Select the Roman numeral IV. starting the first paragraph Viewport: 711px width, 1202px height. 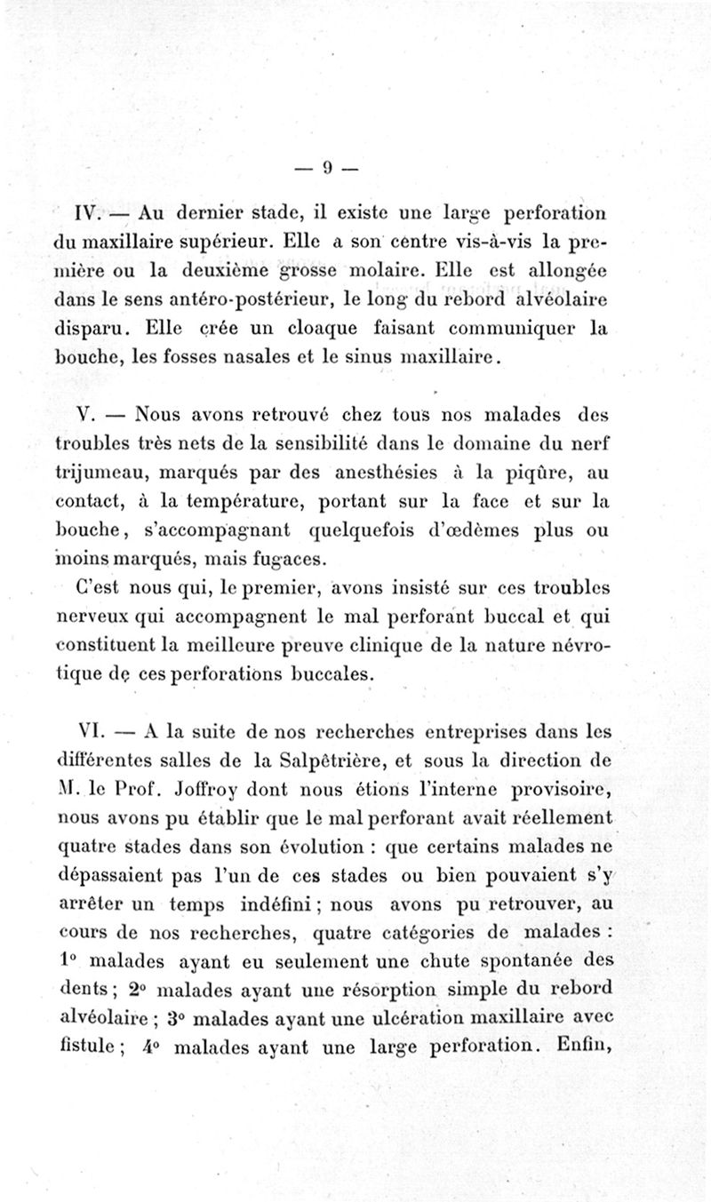[92, 214]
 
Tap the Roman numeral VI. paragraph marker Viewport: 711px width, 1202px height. [92, 731]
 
